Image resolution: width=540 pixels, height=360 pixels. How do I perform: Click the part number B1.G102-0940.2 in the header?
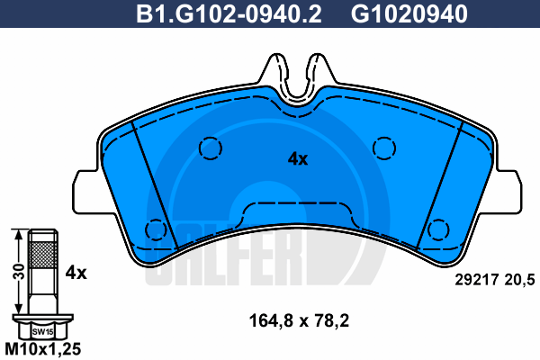(229, 14)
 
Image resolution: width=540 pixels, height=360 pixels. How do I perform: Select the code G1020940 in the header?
(409, 14)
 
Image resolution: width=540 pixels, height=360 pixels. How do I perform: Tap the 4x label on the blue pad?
(298, 159)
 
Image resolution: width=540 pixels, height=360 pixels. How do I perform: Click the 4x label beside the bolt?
(76, 273)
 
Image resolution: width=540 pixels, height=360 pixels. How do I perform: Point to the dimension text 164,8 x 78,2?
(299, 321)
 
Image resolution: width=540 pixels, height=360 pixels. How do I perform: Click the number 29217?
(477, 280)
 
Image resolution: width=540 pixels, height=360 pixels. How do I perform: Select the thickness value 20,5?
(519, 280)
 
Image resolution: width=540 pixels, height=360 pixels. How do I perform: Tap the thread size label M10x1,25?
(43, 349)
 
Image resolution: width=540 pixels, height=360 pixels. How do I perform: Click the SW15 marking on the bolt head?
(42, 332)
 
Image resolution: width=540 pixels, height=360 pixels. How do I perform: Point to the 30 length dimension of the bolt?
(21, 272)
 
